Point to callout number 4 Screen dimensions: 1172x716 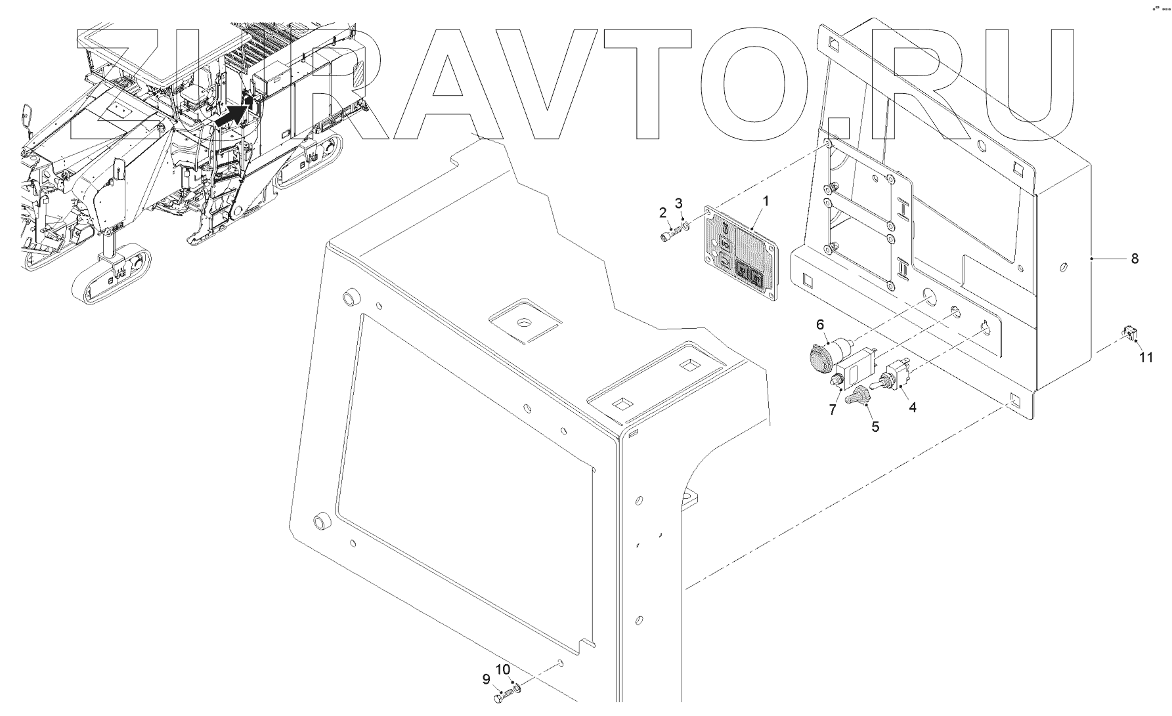point(912,407)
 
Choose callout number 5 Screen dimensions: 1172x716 point(875,426)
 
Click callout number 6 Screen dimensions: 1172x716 point(820,324)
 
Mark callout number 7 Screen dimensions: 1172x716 point(833,410)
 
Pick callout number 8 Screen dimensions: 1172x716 point(1135,259)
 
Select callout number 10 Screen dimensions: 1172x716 point(502,669)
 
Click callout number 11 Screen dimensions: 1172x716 point(1145,358)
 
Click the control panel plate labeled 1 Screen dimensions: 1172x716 point(740,256)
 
